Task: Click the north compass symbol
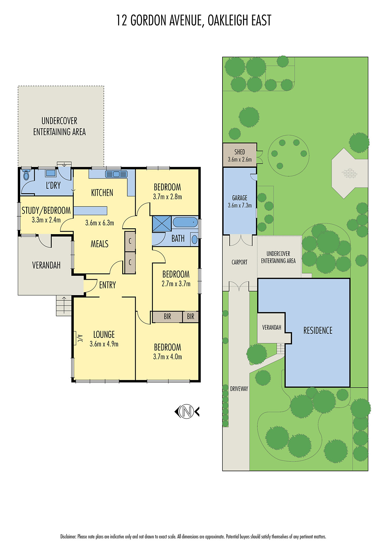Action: (187, 411)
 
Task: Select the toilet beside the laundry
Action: (26, 176)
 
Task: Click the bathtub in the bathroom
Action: (185, 223)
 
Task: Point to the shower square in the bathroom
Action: (162, 224)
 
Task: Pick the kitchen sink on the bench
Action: (116, 174)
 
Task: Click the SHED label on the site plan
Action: (240, 152)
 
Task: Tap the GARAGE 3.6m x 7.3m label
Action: (240, 201)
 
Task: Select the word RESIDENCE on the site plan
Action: (318, 330)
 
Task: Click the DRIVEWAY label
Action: (239, 389)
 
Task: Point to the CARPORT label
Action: (239, 262)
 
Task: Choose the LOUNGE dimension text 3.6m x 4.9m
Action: (104, 344)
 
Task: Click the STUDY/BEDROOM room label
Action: (46, 211)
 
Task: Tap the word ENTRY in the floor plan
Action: (108, 285)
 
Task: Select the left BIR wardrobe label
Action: (167, 317)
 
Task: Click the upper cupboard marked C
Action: (130, 241)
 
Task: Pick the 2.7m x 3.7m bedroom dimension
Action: (176, 284)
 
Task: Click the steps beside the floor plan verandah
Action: (64, 305)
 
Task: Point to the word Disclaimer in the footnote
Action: (68, 537)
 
